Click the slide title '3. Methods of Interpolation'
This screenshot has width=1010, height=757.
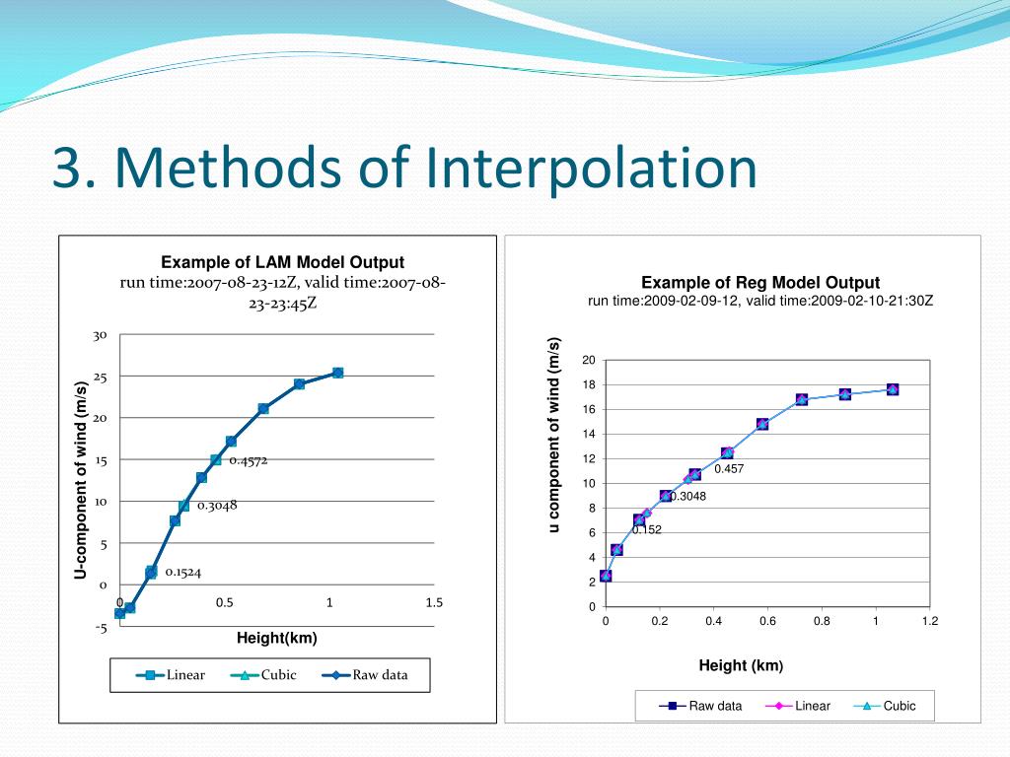(x=405, y=168)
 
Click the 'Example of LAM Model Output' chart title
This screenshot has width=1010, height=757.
(x=283, y=262)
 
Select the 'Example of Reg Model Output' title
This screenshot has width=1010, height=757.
(x=760, y=283)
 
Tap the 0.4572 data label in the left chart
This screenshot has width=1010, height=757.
(x=249, y=460)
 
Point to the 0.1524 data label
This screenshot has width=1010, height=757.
(x=183, y=572)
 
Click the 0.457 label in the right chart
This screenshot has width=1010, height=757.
(x=729, y=469)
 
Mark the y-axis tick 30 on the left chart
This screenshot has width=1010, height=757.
(x=100, y=336)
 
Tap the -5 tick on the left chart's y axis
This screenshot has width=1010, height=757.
(x=101, y=628)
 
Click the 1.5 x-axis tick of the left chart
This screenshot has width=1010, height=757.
(x=434, y=603)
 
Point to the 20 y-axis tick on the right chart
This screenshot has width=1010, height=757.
(x=588, y=360)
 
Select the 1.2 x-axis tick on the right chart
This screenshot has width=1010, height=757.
(x=929, y=621)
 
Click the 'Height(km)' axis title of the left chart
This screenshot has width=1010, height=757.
(x=277, y=638)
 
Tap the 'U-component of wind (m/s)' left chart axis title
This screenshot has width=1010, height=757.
(x=82, y=481)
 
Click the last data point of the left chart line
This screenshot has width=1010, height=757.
(x=337, y=373)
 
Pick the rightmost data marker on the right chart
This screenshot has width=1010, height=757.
(x=893, y=389)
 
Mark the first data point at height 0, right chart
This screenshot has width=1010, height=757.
(x=606, y=576)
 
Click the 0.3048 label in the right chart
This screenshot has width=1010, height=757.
(x=688, y=497)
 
